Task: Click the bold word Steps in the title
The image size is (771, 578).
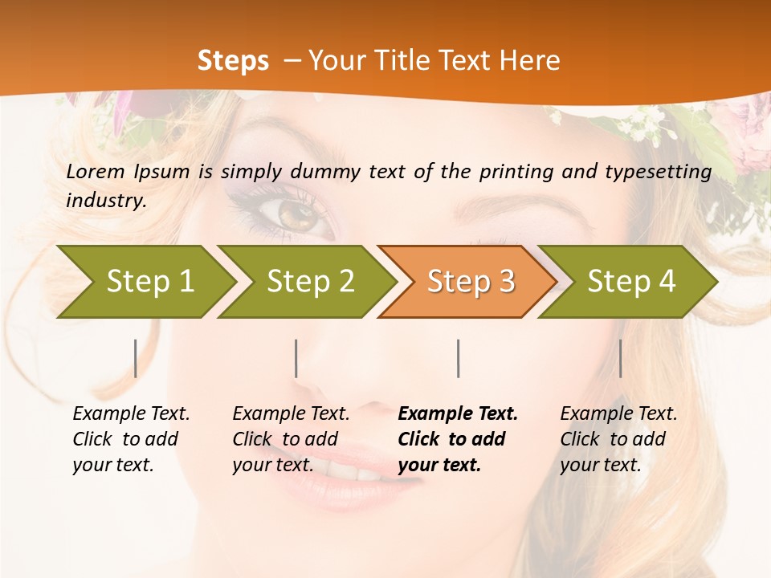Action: (x=233, y=60)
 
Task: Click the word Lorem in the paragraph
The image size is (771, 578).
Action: (x=96, y=171)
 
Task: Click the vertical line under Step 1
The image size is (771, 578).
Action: (x=136, y=358)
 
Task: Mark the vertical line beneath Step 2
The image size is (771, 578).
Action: (x=296, y=358)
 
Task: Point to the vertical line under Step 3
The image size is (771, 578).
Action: (x=458, y=358)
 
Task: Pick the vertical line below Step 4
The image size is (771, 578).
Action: (x=620, y=358)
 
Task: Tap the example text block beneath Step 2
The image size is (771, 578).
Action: (x=290, y=439)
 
